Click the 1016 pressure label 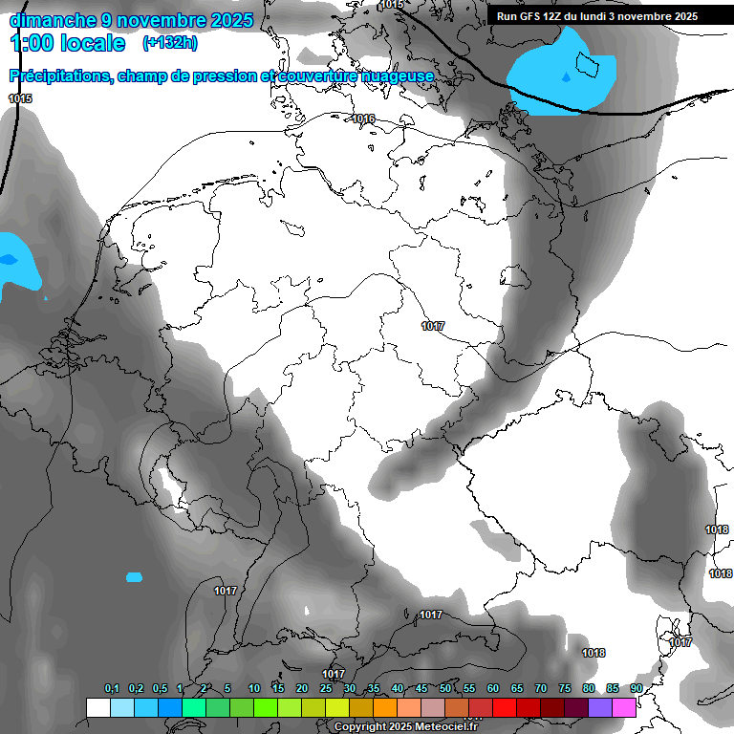point(363,119)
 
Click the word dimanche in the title point(52,20)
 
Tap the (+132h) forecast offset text point(169,42)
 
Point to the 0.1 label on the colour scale point(111,689)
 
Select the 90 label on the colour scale point(636,689)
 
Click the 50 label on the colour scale point(445,689)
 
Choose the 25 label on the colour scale point(326,689)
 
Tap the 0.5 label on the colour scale point(159,689)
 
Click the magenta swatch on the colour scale point(624,707)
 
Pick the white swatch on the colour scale point(97,707)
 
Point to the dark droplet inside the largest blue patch point(566,76)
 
